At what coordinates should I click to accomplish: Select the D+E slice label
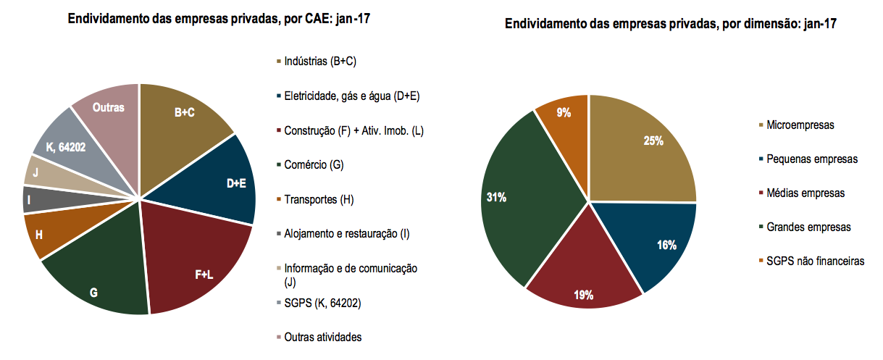(236, 183)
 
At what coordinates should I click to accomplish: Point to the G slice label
(93, 293)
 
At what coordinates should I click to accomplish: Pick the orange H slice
(39, 235)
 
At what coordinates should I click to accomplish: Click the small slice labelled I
(30, 198)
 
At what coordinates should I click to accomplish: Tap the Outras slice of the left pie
(109, 107)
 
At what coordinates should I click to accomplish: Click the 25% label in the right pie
(653, 141)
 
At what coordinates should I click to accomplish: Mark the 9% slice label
(564, 112)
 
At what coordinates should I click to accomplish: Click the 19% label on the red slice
(583, 295)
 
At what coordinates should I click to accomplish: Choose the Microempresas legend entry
(800, 125)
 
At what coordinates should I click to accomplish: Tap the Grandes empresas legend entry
(808, 227)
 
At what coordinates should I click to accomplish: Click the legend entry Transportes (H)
(319, 198)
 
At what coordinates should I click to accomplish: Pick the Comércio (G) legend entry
(314, 164)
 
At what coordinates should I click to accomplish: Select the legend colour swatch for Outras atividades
(278, 337)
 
